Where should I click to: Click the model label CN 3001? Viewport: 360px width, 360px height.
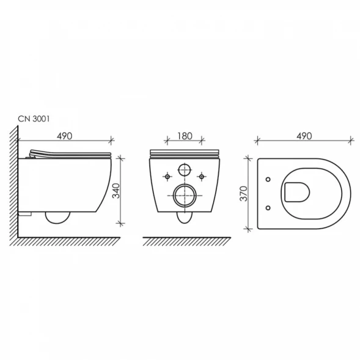34,119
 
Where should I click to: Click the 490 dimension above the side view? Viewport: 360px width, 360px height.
65,136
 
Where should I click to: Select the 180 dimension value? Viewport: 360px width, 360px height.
185,136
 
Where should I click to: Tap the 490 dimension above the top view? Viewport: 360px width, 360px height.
304,136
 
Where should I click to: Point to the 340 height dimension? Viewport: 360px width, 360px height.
116,191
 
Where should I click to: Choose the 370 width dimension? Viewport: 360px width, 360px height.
244,194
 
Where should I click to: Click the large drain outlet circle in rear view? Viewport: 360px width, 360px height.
185,196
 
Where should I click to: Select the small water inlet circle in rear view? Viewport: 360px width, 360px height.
185,170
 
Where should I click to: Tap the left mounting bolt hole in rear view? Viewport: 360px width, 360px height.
167,176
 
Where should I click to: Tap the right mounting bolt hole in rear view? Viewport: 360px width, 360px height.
201,176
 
